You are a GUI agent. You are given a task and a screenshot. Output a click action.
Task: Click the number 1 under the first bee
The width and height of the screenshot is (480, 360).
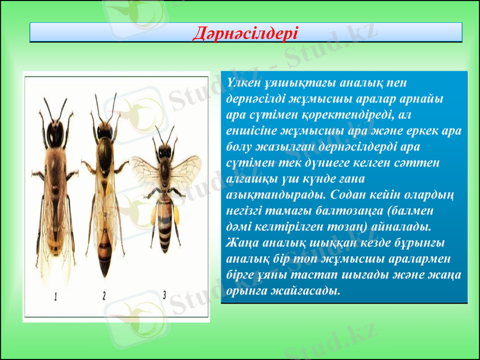point(55,296)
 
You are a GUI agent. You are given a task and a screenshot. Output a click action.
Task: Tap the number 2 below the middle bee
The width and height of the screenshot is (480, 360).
point(104,295)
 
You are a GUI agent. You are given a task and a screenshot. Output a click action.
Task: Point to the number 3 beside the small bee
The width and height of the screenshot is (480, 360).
point(165,294)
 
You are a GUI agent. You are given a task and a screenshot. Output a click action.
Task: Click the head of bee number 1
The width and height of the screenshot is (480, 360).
point(58,133)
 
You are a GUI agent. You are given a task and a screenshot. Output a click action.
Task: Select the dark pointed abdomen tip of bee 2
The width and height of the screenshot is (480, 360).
point(105,267)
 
